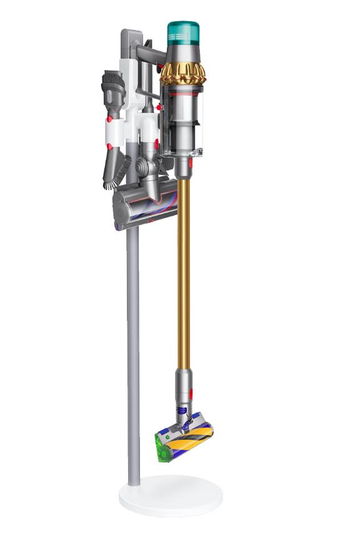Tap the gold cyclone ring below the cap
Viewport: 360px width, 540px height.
click(182, 72)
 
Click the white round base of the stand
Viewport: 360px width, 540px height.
click(171, 494)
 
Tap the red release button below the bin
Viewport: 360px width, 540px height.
click(189, 164)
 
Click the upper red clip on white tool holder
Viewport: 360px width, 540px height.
click(109, 118)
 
